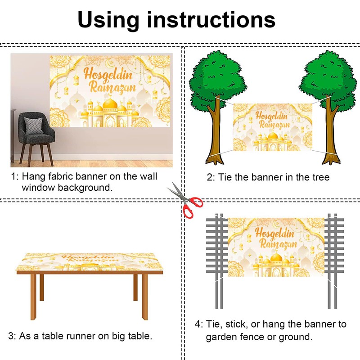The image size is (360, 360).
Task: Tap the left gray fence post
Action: (x=218, y=261)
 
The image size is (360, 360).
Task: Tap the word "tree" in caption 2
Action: (x=320, y=177)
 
